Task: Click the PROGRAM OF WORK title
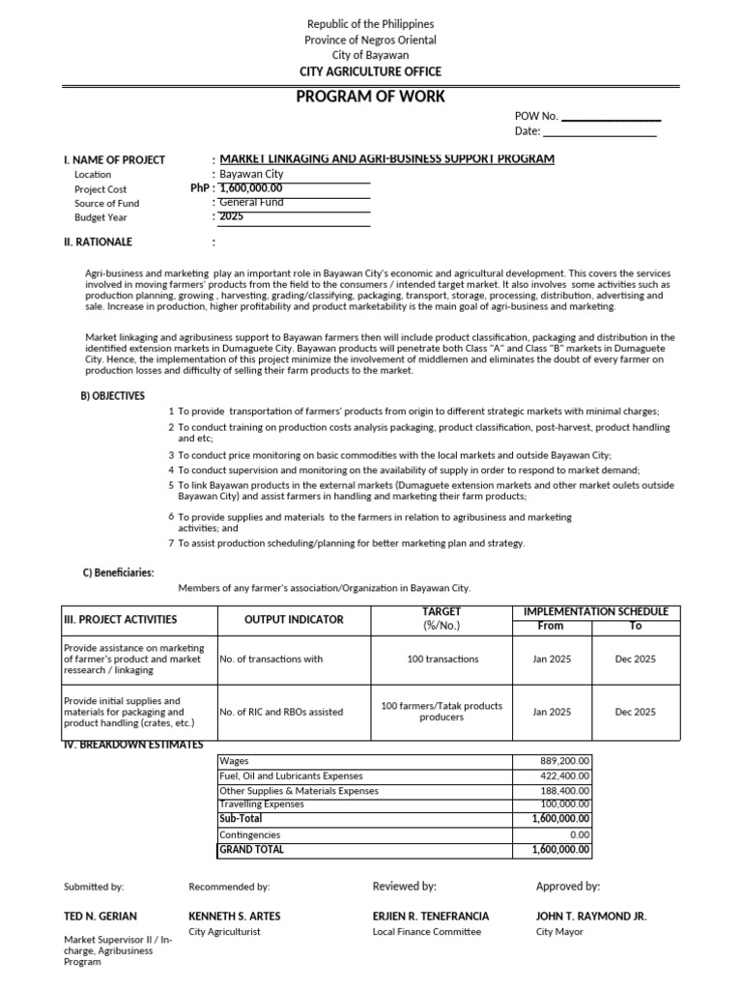[x=370, y=97]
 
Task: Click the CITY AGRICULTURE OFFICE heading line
[x=370, y=71]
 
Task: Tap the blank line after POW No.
[x=611, y=116]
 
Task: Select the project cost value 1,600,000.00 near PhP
[x=251, y=188]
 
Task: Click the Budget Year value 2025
[x=232, y=216]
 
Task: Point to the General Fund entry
[x=252, y=203]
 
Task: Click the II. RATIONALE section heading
[x=98, y=241]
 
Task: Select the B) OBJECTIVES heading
[x=112, y=396]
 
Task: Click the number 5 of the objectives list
[x=171, y=485]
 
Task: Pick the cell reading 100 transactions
[x=442, y=659]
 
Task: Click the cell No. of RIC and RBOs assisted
[x=281, y=712]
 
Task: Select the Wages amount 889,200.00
[x=564, y=760]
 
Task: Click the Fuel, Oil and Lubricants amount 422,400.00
[x=564, y=776]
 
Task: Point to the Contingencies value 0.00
[x=579, y=834]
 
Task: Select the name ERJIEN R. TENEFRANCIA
[x=431, y=916]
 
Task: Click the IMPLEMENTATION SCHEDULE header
[x=595, y=611]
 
